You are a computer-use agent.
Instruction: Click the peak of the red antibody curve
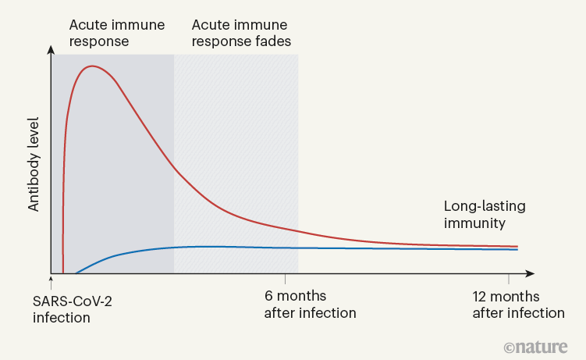point(92,66)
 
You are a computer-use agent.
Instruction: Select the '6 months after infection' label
point(310,305)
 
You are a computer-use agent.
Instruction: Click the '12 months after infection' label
point(518,305)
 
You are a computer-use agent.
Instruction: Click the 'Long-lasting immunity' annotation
point(485,215)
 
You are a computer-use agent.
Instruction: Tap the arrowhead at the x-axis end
point(530,273)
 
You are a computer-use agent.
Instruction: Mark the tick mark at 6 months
point(285,278)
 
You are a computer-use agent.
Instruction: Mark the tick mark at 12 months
point(509,278)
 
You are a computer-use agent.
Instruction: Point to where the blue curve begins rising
point(76,273)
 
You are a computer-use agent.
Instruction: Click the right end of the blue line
point(517,249)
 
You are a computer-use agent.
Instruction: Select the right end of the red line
point(517,246)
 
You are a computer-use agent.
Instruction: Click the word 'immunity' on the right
point(475,223)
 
